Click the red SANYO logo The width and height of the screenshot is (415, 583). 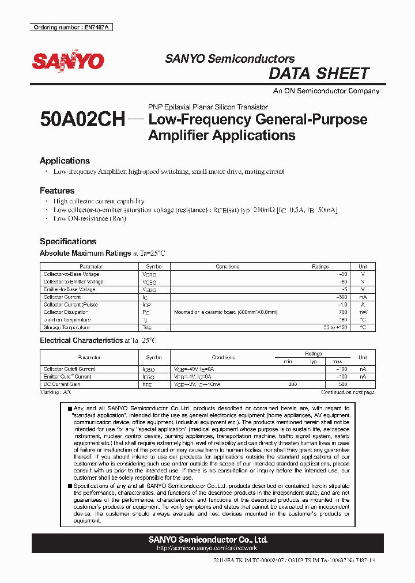coord(68,62)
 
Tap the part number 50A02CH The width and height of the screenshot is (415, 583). coord(82,120)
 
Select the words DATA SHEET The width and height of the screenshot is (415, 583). coord(319,74)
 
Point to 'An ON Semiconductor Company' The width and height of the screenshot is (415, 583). coord(326,91)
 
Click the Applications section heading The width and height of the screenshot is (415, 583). coord(65,161)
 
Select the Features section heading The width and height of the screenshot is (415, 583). coord(57,190)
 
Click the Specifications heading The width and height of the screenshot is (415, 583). coord(68,241)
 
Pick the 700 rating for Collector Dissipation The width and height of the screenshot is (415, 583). coord(343,312)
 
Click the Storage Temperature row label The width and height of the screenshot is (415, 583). coord(67,327)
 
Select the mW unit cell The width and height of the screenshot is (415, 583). coord(363,312)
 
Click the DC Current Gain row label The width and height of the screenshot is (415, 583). coord(62,384)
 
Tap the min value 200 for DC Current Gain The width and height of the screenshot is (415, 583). coord(292,384)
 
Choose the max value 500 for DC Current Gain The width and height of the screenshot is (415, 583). coord(343,384)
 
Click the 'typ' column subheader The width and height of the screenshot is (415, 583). coord(314,361)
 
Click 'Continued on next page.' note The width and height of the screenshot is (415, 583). coord(348,392)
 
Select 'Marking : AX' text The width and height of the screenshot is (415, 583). coord(55,392)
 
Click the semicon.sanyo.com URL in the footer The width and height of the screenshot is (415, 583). coord(207,548)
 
